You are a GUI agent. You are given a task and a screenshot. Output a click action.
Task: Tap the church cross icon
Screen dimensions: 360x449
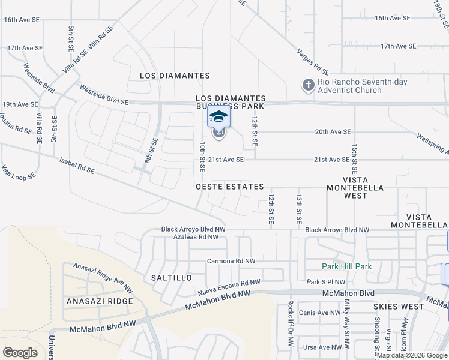pyautogui.click(x=309, y=85)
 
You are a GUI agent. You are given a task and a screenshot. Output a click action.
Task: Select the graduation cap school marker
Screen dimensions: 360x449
pyautogui.click(x=218, y=116)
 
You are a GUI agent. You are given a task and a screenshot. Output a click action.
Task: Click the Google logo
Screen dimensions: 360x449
pyautogui.click(x=20, y=352)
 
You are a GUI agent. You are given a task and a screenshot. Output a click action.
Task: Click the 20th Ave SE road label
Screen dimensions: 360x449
pyautogui.click(x=333, y=131)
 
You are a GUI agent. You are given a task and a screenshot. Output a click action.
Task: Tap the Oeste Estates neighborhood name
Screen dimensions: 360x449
pyautogui.click(x=230, y=187)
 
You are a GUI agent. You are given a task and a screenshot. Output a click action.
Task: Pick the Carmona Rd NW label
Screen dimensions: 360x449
pyautogui.click(x=231, y=261)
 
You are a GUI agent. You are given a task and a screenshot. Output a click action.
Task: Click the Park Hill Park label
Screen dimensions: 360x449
pyautogui.click(x=346, y=266)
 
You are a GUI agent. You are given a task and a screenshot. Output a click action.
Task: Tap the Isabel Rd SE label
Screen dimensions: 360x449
pyautogui.click(x=77, y=166)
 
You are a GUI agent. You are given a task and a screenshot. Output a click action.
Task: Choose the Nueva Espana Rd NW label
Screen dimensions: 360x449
pyautogui.click(x=229, y=287)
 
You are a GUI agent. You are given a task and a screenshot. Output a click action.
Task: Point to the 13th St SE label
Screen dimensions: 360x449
pyautogui.click(x=298, y=208)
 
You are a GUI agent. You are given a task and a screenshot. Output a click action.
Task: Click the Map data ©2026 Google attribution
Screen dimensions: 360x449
pyautogui.click(x=412, y=356)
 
